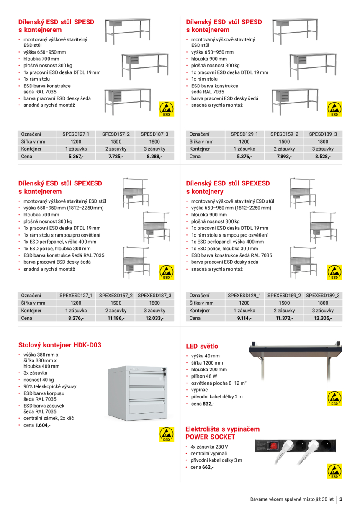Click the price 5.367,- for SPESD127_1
[x=76, y=157]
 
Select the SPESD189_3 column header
[x=323, y=134]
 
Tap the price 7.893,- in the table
[x=284, y=157]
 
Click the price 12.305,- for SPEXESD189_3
[x=323, y=318]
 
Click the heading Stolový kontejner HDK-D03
[x=60, y=345]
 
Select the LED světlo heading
[x=202, y=347]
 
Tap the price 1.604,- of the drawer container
[x=43, y=425]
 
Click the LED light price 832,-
[x=208, y=404]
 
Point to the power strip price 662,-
[x=208, y=467]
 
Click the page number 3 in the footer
[x=341, y=499]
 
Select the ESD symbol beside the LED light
[x=334, y=398]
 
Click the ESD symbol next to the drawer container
[x=166, y=434]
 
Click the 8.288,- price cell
[x=154, y=157]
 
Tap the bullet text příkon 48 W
[x=204, y=376]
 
